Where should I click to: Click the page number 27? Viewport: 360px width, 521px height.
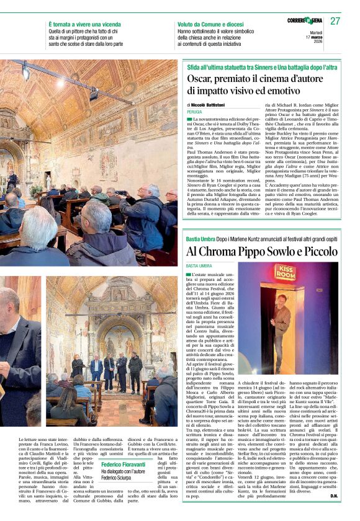click(335, 21)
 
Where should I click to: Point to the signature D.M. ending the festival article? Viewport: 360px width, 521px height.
click(333, 513)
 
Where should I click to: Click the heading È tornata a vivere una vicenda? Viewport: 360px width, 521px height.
click(87, 24)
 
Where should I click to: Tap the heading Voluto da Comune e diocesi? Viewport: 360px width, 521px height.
click(212, 24)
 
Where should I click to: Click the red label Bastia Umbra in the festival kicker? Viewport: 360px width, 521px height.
click(200, 239)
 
